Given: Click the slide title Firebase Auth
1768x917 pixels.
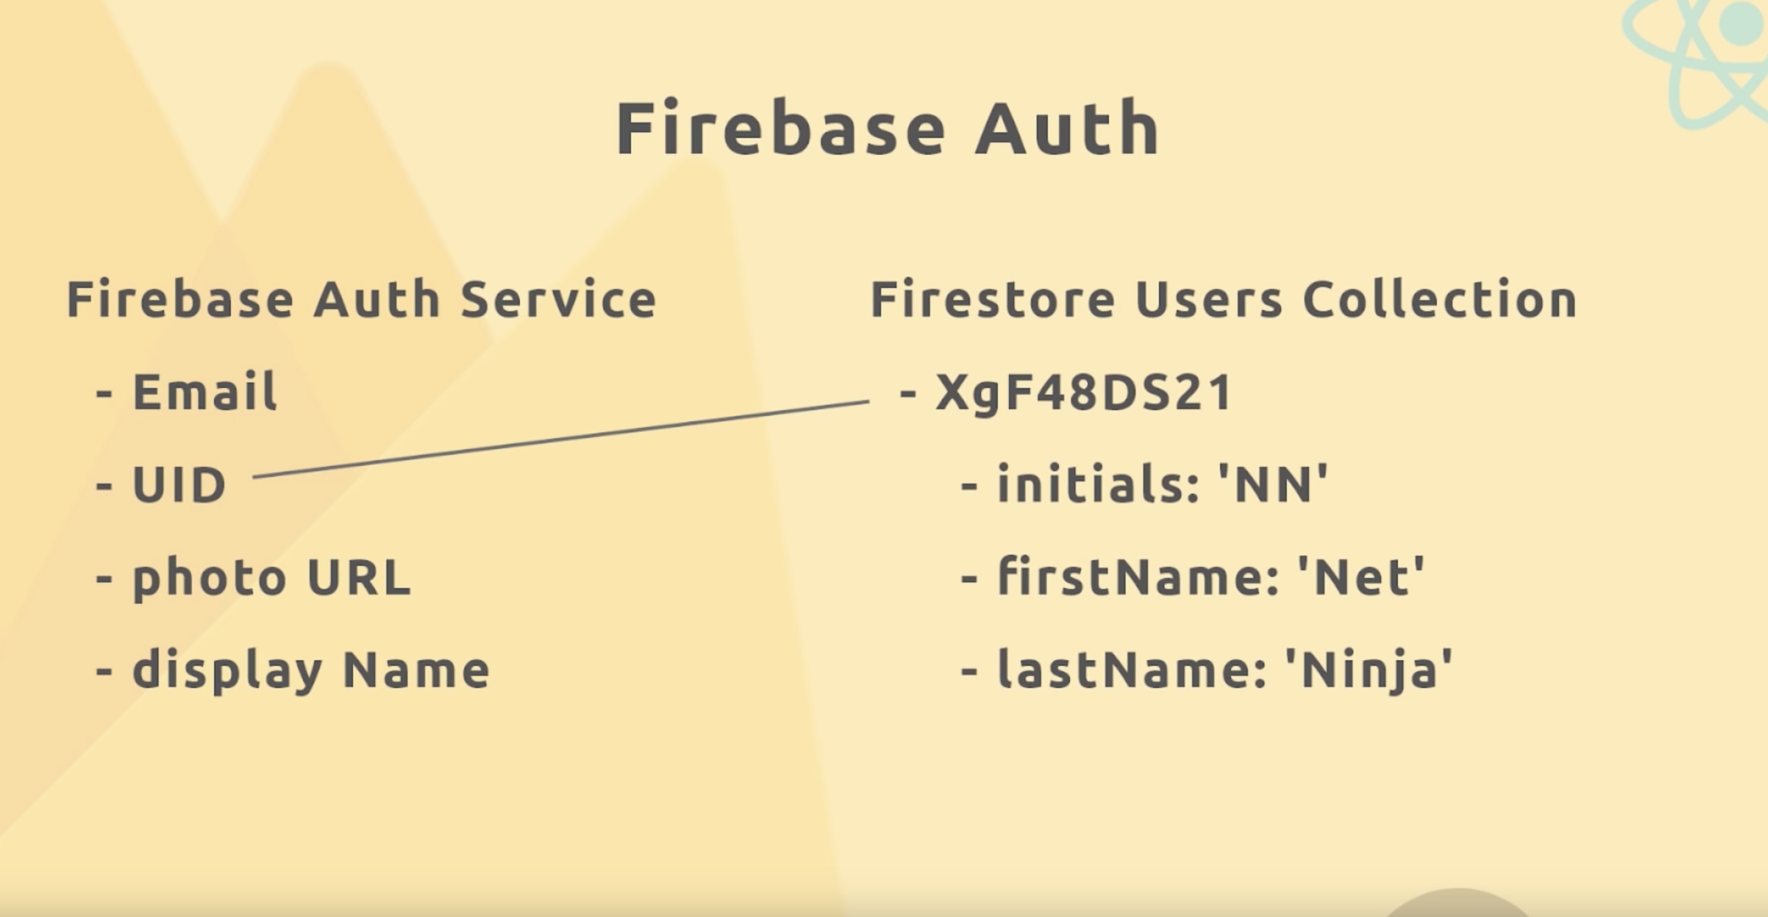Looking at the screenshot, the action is (x=888, y=129).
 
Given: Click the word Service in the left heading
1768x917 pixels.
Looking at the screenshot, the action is (x=559, y=299).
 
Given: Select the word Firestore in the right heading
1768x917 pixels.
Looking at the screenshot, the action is (x=992, y=299).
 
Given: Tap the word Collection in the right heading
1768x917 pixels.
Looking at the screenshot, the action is (x=1439, y=299).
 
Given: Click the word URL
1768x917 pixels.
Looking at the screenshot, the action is (x=359, y=577).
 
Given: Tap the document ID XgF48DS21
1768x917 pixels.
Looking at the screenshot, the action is (x=1083, y=394).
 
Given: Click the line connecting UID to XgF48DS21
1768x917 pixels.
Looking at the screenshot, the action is (x=561, y=438).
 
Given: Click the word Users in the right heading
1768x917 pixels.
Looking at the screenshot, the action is (x=1209, y=299).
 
